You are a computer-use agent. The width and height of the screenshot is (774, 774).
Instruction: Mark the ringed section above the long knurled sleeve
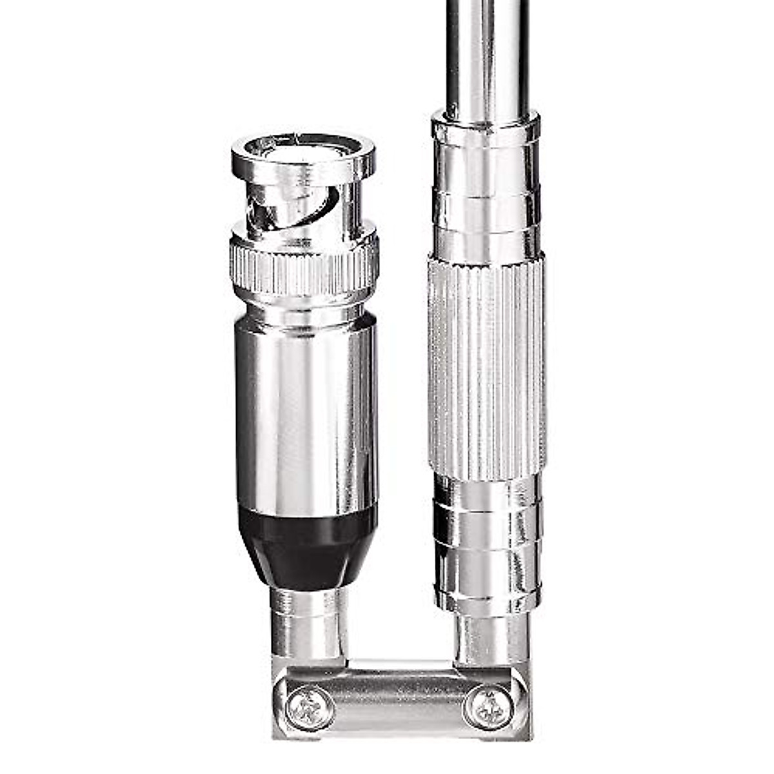point(486,206)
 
